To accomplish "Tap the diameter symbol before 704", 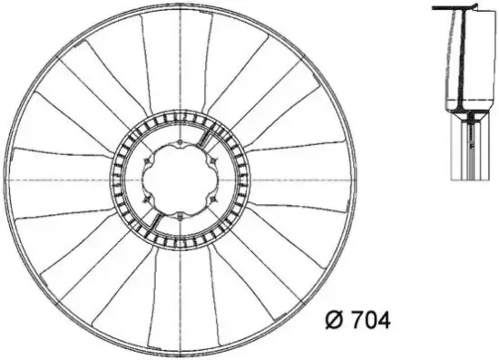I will (332, 321).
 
